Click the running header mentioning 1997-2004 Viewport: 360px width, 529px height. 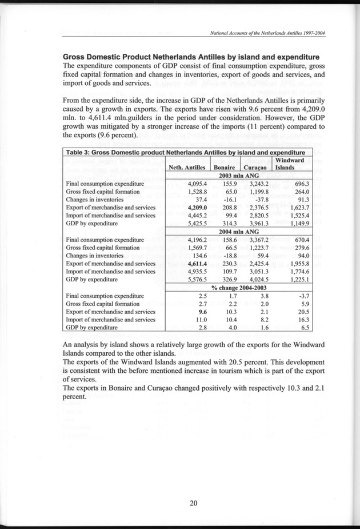(267, 33)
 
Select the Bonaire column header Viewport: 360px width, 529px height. (225, 167)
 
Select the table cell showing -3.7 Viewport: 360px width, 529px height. (302, 296)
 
